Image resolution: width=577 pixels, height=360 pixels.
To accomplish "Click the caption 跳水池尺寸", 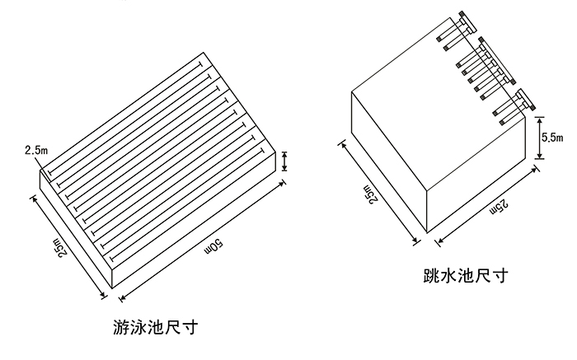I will [x=461, y=274].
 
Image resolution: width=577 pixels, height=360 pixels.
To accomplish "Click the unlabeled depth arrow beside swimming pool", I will [x=284, y=160].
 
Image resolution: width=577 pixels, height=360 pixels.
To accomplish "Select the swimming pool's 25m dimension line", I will [x=70, y=244].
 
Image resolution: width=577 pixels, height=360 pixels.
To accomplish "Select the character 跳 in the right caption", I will [x=425, y=274].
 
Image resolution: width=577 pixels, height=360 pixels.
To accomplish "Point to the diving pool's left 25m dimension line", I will [x=377, y=192].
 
